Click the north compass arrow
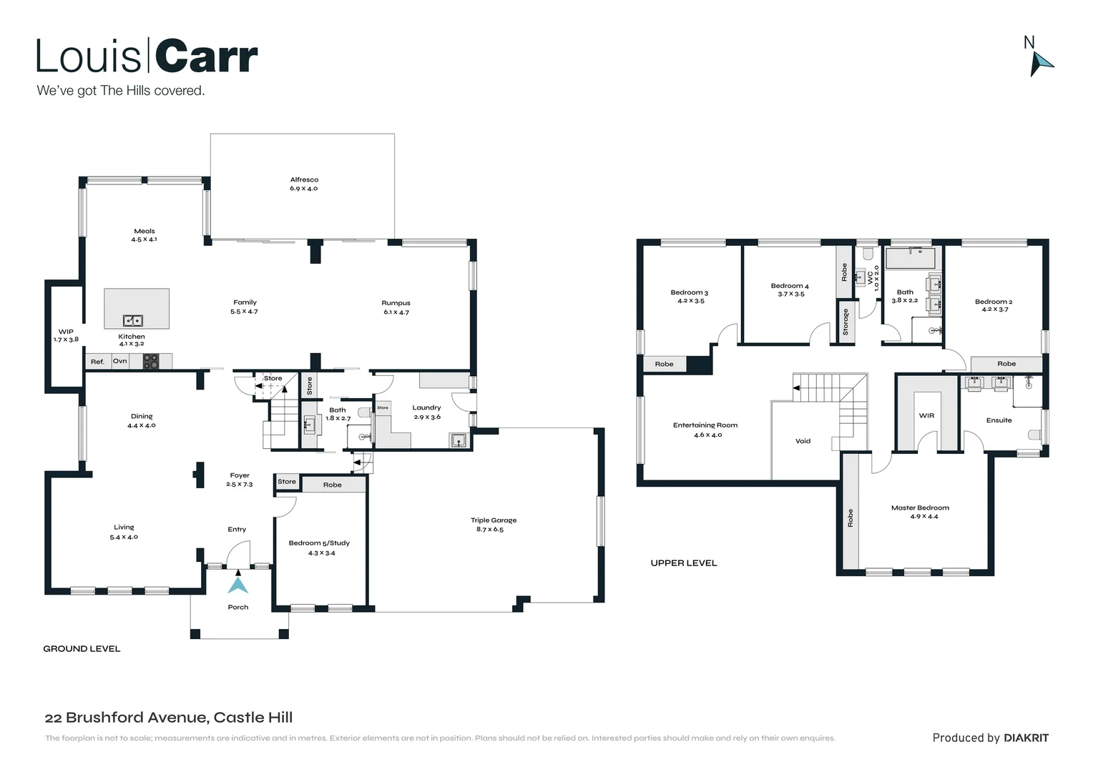(1041, 63)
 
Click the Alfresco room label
(304, 180)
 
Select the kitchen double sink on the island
(133, 320)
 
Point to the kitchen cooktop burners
(150, 360)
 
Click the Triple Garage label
(494, 520)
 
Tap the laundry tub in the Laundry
(458, 440)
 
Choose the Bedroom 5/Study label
(319, 543)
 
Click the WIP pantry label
(66, 332)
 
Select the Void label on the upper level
(803, 441)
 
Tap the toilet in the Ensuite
(1034, 433)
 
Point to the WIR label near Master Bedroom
(926, 415)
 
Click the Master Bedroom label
(920, 508)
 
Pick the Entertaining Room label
(705, 425)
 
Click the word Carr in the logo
(206, 57)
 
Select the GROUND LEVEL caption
(82, 649)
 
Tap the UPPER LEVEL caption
(684, 563)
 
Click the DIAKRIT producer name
(1026, 738)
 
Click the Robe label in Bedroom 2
(1006, 364)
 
